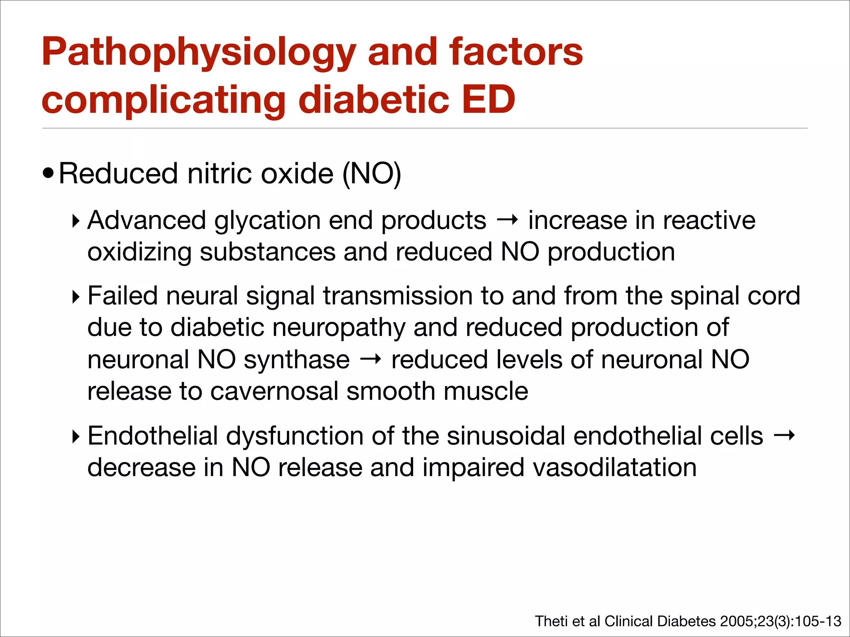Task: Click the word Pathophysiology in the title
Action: click(199, 53)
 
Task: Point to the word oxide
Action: click(297, 173)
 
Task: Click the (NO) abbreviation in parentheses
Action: click(371, 173)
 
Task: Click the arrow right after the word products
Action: click(507, 220)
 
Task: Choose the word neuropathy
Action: click(339, 328)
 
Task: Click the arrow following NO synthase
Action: click(370, 360)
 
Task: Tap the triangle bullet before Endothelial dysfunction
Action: click(76, 437)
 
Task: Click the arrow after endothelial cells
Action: click(784, 435)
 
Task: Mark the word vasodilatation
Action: click(614, 467)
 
